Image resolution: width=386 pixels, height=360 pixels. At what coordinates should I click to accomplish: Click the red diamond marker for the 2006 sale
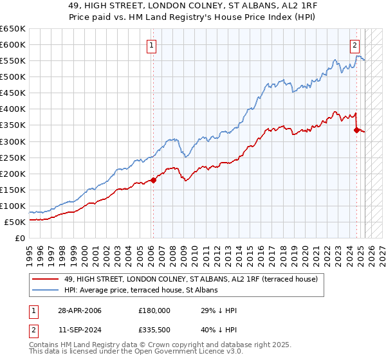pos(153,180)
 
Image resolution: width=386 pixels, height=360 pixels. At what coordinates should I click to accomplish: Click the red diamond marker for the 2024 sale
pos(356,130)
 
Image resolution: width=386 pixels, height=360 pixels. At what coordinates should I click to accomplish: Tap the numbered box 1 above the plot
pos(151,45)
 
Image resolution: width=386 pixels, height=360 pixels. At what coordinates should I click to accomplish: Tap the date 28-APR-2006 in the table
pos(78,310)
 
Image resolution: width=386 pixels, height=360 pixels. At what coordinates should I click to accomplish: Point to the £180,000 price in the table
pos(154,310)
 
